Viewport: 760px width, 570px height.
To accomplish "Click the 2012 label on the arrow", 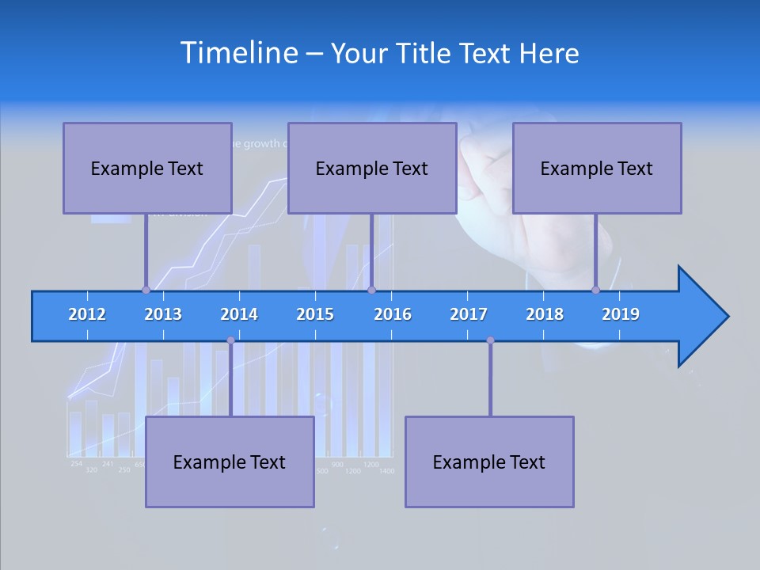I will click(x=87, y=314).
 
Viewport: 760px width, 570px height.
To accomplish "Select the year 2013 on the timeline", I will click(x=163, y=314).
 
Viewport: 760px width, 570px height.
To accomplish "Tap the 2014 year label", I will click(x=239, y=314).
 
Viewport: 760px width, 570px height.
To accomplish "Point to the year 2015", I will click(x=315, y=314).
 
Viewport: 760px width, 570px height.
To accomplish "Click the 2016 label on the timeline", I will click(x=393, y=314).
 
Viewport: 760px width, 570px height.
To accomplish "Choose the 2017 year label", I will click(x=469, y=314).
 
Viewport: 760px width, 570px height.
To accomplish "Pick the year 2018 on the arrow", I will click(x=545, y=314).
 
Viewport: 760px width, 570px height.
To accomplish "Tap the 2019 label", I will click(x=621, y=314).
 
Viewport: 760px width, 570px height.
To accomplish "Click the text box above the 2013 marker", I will click(x=147, y=168).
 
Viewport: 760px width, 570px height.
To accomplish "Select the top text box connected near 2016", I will click(x=372, y=168).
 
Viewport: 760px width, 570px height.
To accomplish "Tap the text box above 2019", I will click(x=597, y=168).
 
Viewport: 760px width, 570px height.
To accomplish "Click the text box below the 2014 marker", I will click(x=230, y=462).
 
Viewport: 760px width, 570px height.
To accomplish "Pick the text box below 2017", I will click(x=489, y=462).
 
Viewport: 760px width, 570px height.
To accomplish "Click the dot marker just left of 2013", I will click(x=146, y=290).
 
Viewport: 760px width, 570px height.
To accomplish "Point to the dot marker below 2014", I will click(x=230, y=340).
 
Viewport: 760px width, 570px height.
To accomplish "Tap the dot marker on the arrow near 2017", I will click(x=490, y=340).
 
